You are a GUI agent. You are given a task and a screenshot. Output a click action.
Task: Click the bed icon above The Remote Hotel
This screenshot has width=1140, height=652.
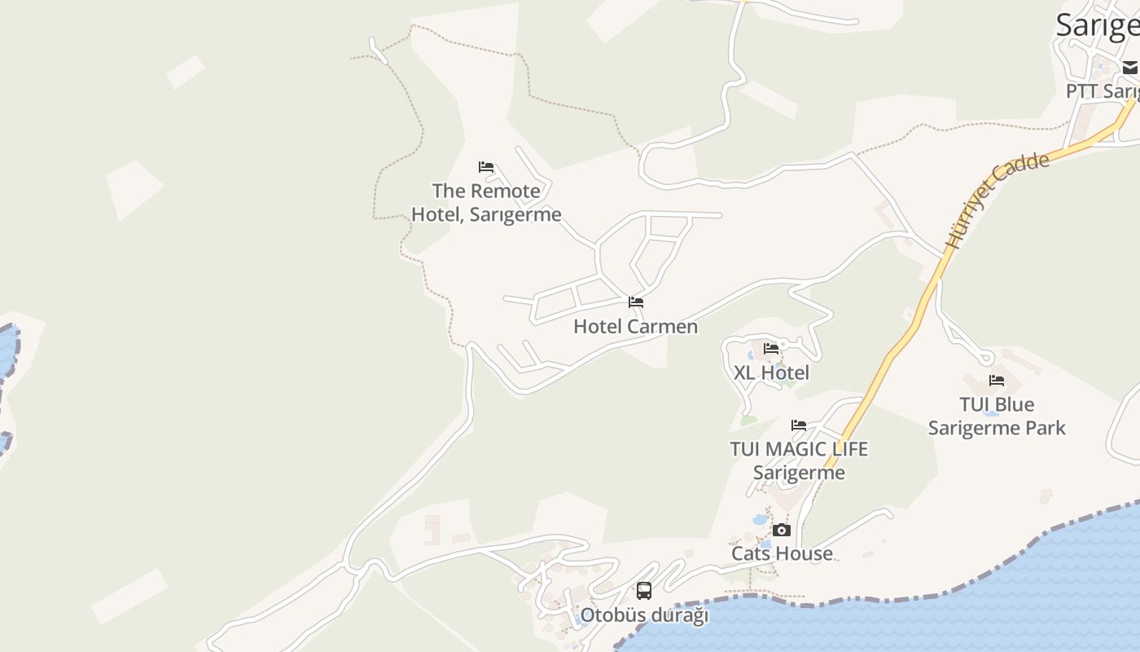486,167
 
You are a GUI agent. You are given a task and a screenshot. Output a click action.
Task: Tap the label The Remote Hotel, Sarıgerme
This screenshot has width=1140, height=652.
486,203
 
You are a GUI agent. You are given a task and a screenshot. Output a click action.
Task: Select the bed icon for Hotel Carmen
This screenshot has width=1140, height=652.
636,302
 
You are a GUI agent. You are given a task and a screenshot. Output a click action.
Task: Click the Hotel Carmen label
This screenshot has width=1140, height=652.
635,327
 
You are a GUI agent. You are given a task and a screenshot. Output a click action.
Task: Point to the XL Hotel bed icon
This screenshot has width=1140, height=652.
771,349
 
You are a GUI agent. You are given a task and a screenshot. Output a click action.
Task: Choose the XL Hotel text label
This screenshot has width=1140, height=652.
771,373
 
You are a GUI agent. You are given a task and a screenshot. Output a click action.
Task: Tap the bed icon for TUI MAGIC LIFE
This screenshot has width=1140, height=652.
799,425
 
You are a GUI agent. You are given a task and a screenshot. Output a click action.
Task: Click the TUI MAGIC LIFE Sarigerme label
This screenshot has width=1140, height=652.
799,460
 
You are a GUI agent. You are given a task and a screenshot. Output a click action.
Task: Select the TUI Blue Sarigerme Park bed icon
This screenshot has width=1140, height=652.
997,381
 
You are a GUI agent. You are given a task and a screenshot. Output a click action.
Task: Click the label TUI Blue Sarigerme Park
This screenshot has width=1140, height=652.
997,416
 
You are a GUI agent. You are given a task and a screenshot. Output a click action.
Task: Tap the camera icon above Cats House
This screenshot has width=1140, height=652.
781,530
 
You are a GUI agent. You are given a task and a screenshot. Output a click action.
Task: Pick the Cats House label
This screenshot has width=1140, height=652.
782,553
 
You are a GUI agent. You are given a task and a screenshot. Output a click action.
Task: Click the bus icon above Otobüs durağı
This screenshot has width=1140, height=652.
644,591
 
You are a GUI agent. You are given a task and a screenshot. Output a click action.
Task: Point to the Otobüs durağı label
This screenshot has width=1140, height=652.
644,615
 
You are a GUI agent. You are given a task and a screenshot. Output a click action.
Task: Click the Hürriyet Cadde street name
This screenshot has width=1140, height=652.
997,200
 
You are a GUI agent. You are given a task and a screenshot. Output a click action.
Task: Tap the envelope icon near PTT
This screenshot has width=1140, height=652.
1130,68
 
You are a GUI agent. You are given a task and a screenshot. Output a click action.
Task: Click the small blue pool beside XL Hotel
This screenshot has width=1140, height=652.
750,355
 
